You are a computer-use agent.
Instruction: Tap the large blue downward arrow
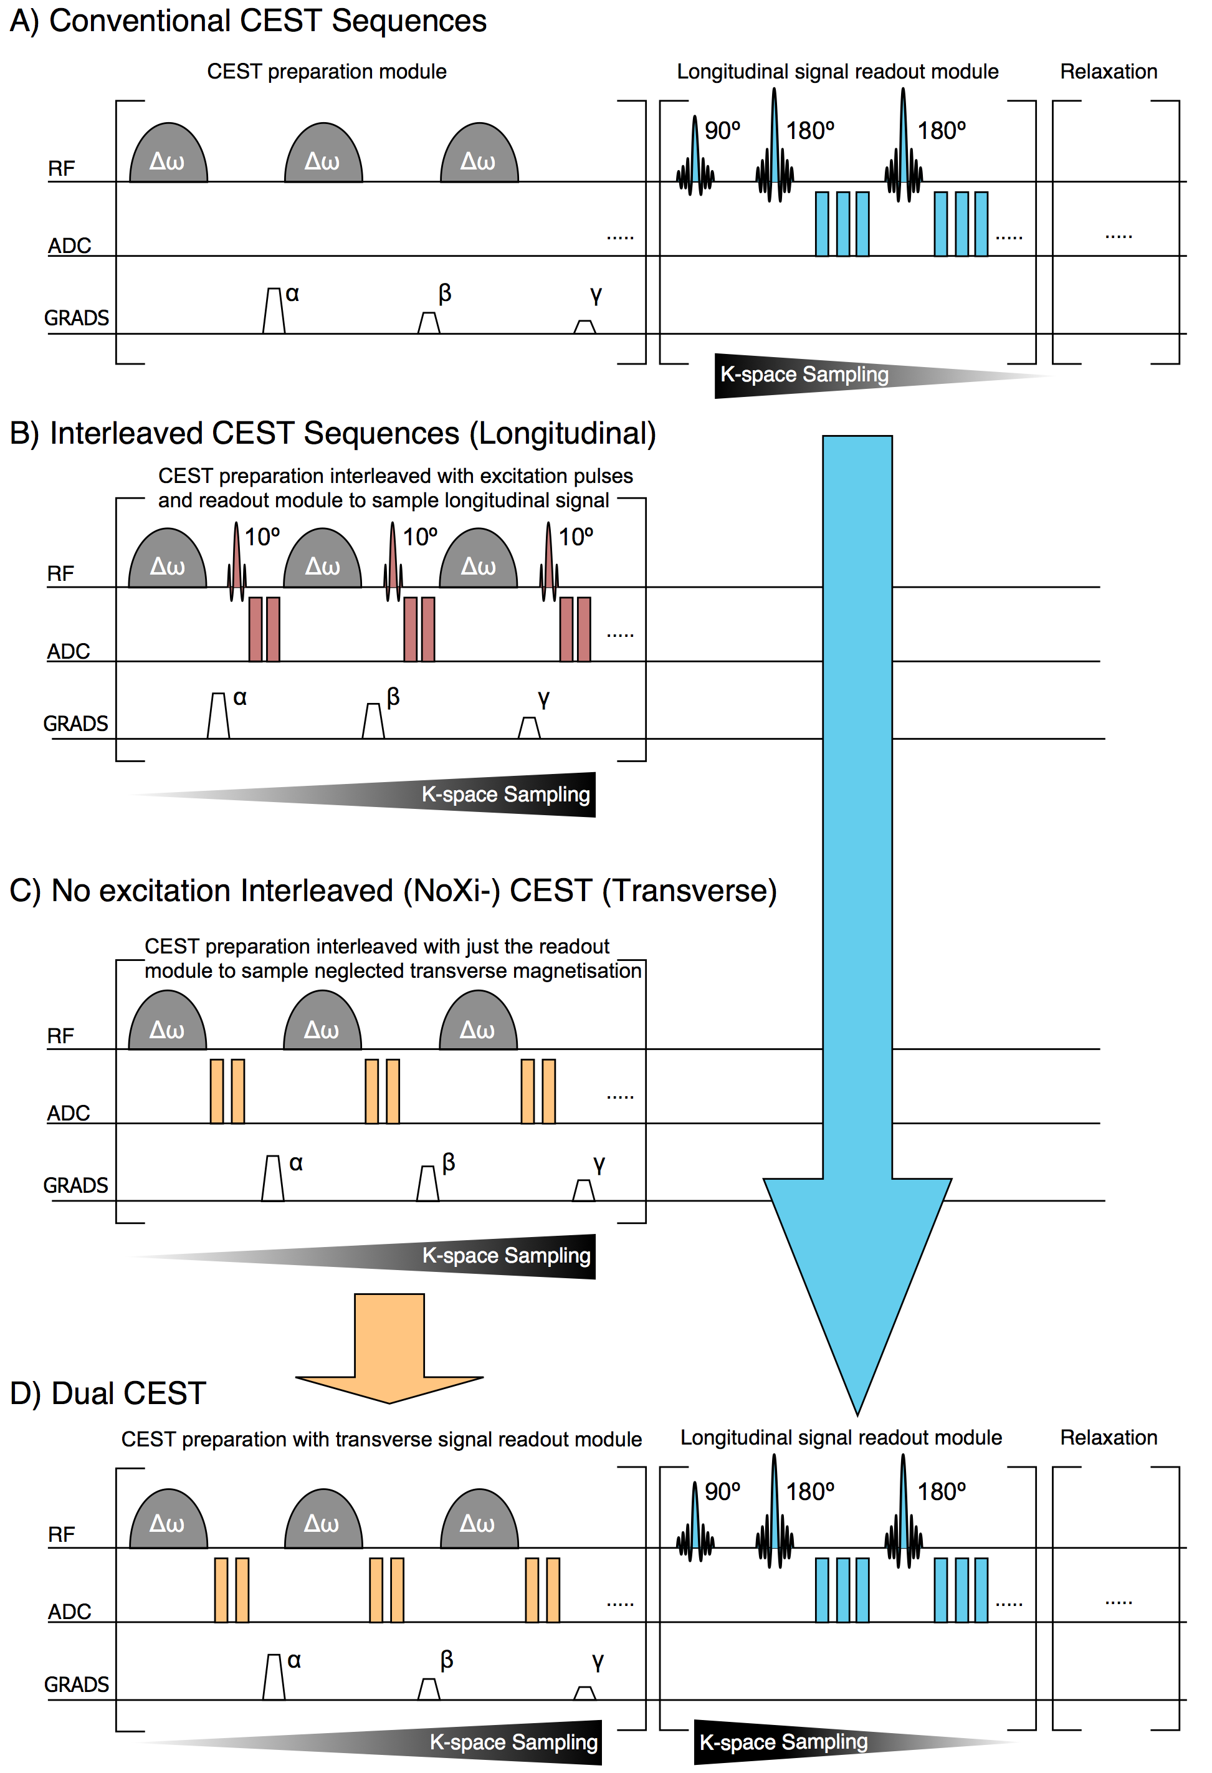tap(857, 915)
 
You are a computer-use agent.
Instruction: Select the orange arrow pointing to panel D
tap(389, 1347)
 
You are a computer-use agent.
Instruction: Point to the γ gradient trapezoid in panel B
tap(528, 728)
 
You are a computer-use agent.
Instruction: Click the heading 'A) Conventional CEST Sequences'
tap(248, 21)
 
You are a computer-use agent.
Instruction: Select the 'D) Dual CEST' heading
tap(108, 1393)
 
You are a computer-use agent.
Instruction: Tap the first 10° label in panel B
tap(262, 537)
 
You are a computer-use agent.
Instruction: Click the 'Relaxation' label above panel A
tap(1109, 71)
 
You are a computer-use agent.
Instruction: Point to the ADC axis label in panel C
tap(69, 1113)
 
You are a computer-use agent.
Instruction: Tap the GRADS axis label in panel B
tap(75, 724)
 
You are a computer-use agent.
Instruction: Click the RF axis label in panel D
tap(61, 1534)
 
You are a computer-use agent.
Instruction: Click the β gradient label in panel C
tap(449, 1163)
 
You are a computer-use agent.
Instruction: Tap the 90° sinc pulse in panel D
tap(695, 1522)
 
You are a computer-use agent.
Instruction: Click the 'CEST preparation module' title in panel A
tap(327, 71)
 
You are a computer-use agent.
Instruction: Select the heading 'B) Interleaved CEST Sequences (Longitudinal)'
tap(333, 433)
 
